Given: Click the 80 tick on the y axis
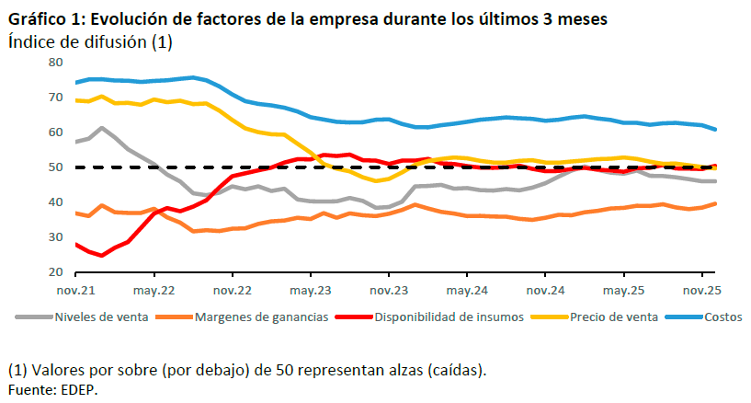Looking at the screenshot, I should pyautogui.click(x=55, y=63).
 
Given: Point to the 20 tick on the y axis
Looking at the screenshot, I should pyautogui.click(x=55, y=273).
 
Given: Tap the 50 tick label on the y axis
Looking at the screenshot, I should pyautogui.click(x=55, y=168).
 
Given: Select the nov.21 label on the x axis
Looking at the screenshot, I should pyautogui.click(x=75, y=291).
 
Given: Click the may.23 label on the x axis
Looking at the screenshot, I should pyautogui.click(x=311, y=291).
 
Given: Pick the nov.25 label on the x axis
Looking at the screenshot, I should pyautogui.click(x=701, y=291).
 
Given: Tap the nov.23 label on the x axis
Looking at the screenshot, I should pyautogui.click(x=388, y=291).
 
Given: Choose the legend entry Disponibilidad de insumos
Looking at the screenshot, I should pyautogui.click(x=448, y=317).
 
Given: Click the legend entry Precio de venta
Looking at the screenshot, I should pyautogui.click(x=613, y=317).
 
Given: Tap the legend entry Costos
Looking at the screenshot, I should pyautogui.click(x=723, y=317).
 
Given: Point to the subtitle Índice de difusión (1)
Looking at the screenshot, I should pyautogui.click(x=90, y=41).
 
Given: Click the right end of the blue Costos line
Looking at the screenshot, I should pyautogui.click(x=716, y=130).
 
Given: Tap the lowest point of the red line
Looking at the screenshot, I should pyautogui.click(x=101, y=256).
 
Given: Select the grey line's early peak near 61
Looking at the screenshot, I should pyautogui.click(x=101, y=128).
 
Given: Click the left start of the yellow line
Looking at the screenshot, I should pyautogui.click(x=75, y=100).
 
